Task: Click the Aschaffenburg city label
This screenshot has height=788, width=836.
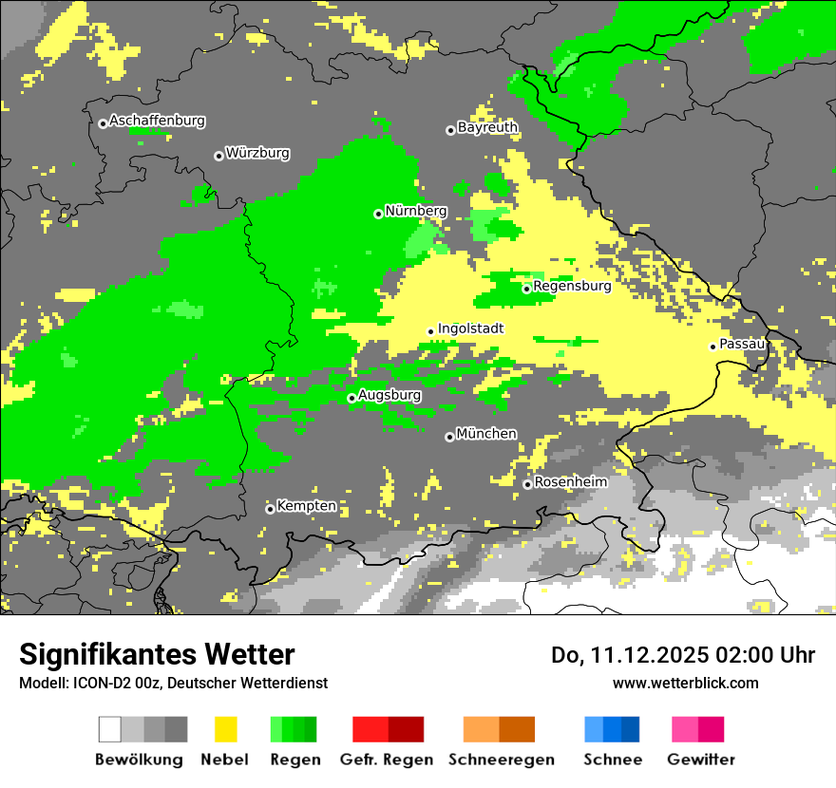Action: pyautogui.click(x=157, y=122)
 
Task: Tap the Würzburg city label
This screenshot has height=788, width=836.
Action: pyautogui.click(x=257, y=154)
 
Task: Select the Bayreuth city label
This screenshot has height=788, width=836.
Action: pyautogui.click(x=487, y=127)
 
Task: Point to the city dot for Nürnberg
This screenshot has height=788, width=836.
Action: pyautogui.click(x=378, y=214)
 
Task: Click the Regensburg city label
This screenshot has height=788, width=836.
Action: pyautogui.click(x=572, y=286)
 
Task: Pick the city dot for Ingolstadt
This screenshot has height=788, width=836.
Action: pyautogui.click(x=430, y=331)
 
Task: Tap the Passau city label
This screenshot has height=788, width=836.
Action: pyautogui.click(x=742, y=344)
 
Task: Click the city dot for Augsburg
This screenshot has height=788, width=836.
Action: pyautogui.click(x=351, y=398)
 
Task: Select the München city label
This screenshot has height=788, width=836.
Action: pyautogui.click(x=486, y=434)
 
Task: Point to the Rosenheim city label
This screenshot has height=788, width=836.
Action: pyautogui.click(x=570, y=482)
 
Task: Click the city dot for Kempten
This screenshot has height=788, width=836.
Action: pyautogui.click(x=270, y=509)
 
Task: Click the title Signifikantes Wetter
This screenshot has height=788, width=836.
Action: pyautogui.click(x=157, y=654)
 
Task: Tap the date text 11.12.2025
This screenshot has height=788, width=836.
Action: pyautogui.click(x=641, y=655)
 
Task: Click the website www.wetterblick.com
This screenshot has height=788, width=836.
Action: pyautogui.click(x=685, y=683)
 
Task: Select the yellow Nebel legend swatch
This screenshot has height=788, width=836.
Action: pyautogui.click(x=225, y=729)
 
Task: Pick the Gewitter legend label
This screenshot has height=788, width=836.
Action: pyautogui.click(x=700, y=760)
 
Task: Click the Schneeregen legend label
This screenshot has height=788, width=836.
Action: pyautogui.click(x=502, y=760)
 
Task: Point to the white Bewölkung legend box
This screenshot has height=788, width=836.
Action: pyautogui.click(x=109, y=729)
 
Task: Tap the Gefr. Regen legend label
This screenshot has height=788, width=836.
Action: pyautogui.click(x=386, y=760)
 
